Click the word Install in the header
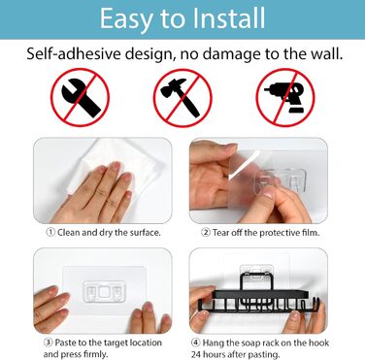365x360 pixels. point(228,18)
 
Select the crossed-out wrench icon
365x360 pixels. point(80,97)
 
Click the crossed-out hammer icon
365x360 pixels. point(182,97)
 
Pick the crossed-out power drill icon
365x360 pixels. point(285,97)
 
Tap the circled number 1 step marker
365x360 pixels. point(50,232)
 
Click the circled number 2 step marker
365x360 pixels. point(206,232)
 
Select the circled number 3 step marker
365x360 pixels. point(49,343)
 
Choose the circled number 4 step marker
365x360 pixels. point(195,343)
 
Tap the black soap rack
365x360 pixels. point(259,297)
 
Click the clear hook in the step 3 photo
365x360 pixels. point(104,292)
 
